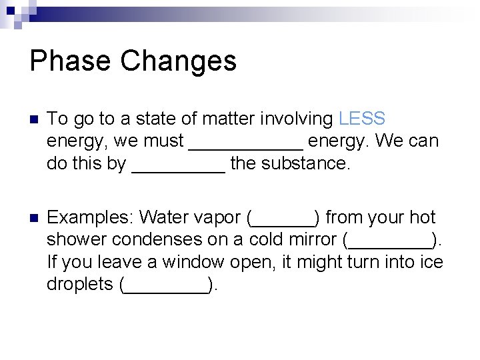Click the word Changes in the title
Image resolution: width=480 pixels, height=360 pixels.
click(179, 61)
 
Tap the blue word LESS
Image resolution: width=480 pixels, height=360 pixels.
click(362, 119)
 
